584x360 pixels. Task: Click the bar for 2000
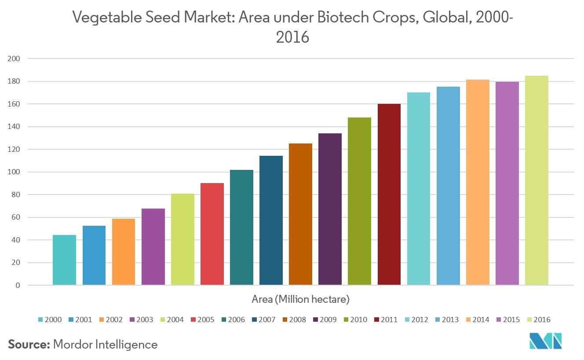click(64, 260)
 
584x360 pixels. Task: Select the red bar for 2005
click(212, 234)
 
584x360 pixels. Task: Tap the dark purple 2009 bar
click(330, 209)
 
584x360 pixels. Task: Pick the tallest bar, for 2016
click(537, 180)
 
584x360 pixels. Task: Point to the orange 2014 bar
click(478, 182)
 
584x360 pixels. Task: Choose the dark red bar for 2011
click(389, 195)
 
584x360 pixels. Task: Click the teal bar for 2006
click(241, 228)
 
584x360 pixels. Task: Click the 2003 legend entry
click(141, 320)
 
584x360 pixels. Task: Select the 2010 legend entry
click(355, 320)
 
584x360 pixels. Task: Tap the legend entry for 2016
click(538, 320)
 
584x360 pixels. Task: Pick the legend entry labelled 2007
click(263, 320)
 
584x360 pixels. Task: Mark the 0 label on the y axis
click(18, 286)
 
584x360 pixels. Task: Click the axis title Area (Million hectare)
click(300, 300)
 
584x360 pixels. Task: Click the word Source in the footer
click(29, 345)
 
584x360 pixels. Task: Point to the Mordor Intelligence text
click(105, 345)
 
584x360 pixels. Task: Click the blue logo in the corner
click(546, 341)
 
